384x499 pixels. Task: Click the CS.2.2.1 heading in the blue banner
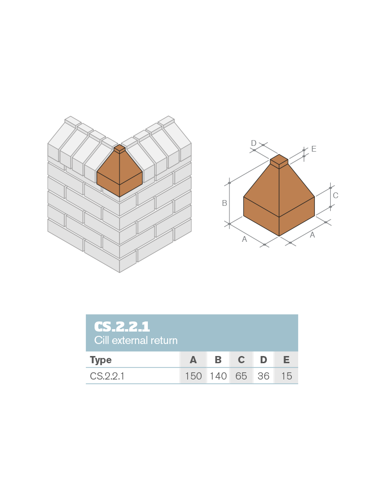(x=122, y=327)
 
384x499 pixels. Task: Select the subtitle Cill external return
(x=136, y=341)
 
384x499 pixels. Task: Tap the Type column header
(x=101, y=360)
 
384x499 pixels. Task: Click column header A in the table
(x=193, y=360)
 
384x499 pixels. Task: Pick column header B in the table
(x=218, y=360)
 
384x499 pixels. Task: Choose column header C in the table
(x=241, y=360)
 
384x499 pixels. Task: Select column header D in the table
(x=264, y=360)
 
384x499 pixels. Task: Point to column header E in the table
(x=287, y=360)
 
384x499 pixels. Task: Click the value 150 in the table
(x=193, y=376)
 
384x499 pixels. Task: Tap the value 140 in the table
(x=218, y=376)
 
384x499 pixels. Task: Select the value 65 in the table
(x=241, y=376)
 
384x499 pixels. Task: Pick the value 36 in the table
(x=264, y=376)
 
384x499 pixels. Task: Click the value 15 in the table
(x=287, y=376)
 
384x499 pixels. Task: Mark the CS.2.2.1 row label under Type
(x=107, y=376)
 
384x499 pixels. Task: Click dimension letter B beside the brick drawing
(x=224, y=203)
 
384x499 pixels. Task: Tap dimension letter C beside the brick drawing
(x=336, y=196)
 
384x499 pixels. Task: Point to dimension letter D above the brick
(x=254, y=143)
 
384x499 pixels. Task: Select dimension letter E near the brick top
(x=313, y=149)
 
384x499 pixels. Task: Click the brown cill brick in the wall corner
(x=120, y=173)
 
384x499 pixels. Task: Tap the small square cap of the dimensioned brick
(x=279, y=160)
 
